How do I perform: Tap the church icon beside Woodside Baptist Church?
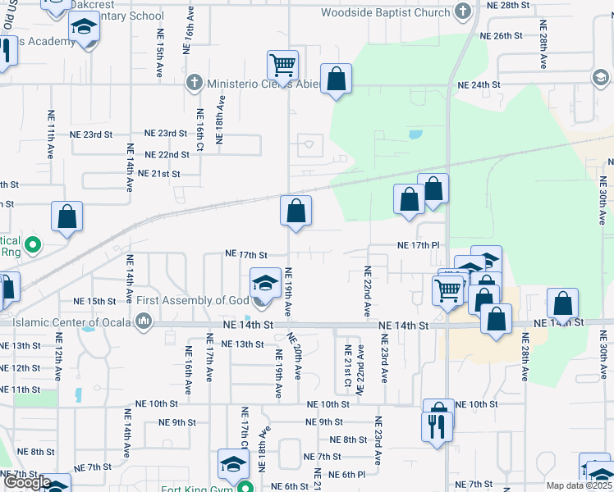tap(463, 11)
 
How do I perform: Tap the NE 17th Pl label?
tap(419, 245)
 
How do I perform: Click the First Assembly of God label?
tap(192, 301)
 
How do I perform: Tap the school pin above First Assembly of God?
tap(264, 284)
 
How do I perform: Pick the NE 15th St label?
tap(95, 301)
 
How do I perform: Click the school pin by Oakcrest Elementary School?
tap(84, 30)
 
